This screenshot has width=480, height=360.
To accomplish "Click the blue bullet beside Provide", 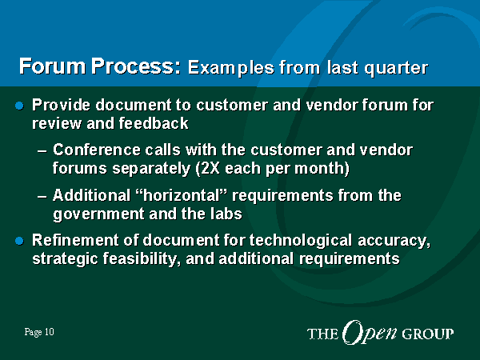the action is pyautogui.click(x=19, y=106).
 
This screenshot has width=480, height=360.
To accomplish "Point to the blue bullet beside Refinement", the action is pyautogui.click(x=19, y=241).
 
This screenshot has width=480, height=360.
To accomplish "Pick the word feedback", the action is pyautogui.click(x=154, y=123).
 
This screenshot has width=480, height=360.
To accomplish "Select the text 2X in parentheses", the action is pyautogui.click(x=210, y=168).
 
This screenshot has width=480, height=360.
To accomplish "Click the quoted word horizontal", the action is pyautogui.click(x=182, y=195).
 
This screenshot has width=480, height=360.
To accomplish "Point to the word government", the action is pyautogui.click(x=98, y=214).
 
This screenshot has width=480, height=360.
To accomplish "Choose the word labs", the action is pyautogui.click(x=226, y=214).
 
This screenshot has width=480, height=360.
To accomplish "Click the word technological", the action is pyautogui.click(x=301, y=240).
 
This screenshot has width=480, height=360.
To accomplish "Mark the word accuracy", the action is pyautogui.click(x=394, y=241).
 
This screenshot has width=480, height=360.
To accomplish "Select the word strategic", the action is pyautogui.click(x=65, y=259).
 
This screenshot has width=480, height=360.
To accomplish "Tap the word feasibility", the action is pyautogui.click(x=141, y=259).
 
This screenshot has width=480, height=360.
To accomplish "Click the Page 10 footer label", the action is pyautogui.click(x=39, y=332).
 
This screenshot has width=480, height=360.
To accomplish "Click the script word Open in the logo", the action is pyautogui.click(x=370, y=333).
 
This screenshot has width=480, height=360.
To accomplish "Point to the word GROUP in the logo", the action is pyautogui.click(x=428, y=334).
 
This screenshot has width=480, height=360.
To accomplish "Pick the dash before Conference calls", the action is pyautogui.click(x=42, y=151).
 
